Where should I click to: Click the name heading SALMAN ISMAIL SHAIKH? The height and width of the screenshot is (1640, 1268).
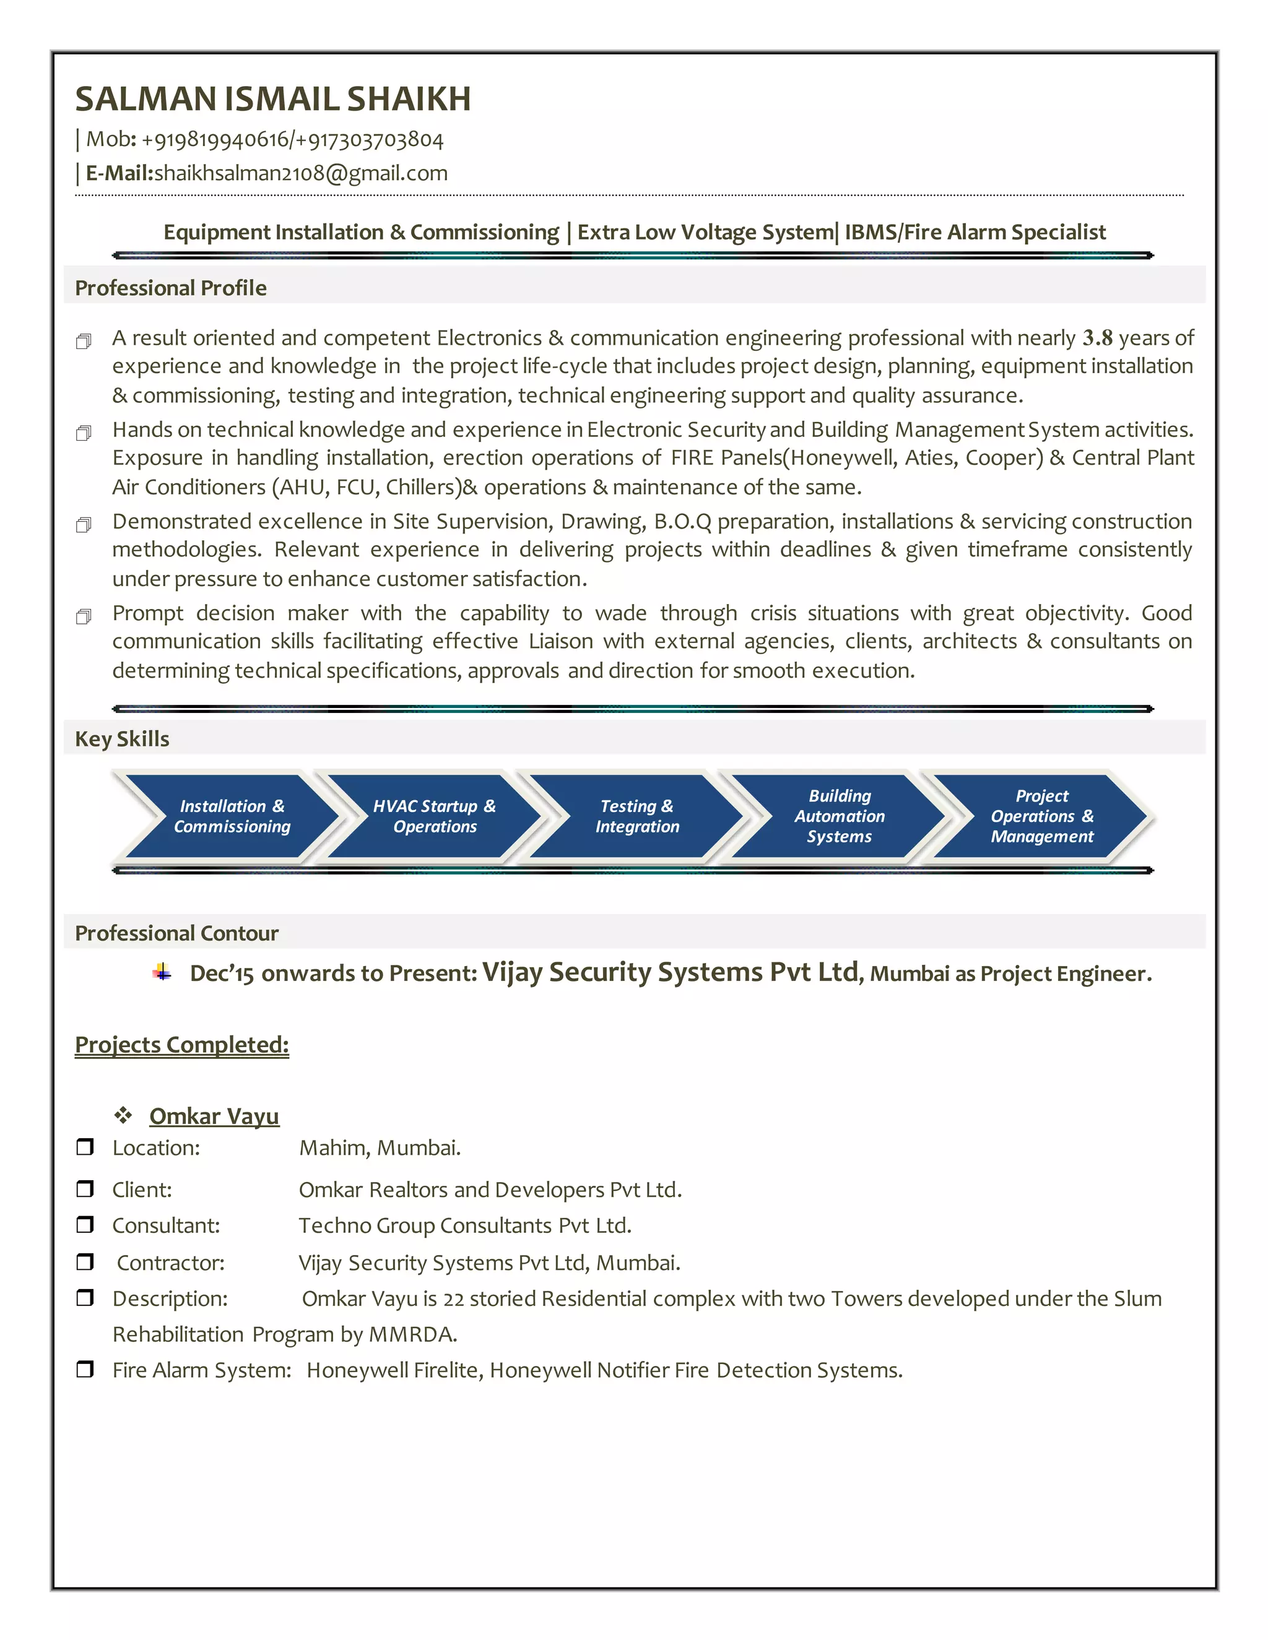point(272,99)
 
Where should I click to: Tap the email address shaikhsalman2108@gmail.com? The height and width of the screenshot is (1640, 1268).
point(300,173)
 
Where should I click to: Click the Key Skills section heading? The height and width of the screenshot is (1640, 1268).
point(122,739)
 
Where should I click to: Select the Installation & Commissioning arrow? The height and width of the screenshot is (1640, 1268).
point(232,816)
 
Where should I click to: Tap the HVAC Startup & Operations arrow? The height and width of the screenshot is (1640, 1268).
point(434,816)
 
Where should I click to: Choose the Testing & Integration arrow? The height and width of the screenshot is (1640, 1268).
point(636,816)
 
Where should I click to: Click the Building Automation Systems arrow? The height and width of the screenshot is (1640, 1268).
point(839,816)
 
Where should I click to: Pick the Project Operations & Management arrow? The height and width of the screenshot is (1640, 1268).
point(1041,816)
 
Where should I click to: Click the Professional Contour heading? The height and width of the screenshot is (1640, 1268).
point(176,933)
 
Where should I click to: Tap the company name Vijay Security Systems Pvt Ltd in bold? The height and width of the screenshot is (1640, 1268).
point(670,972)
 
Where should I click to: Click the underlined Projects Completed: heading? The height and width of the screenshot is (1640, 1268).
point(182,1045)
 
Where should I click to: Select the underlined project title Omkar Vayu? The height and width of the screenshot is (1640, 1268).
point(214,1116)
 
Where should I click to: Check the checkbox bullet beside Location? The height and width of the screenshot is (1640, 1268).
point(85,1147)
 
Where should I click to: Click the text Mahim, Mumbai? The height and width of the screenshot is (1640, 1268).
point(380,1148)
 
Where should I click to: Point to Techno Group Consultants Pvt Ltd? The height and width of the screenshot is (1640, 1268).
point(464,1225)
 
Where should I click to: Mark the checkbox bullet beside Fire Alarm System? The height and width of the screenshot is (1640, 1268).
point(85,1369)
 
